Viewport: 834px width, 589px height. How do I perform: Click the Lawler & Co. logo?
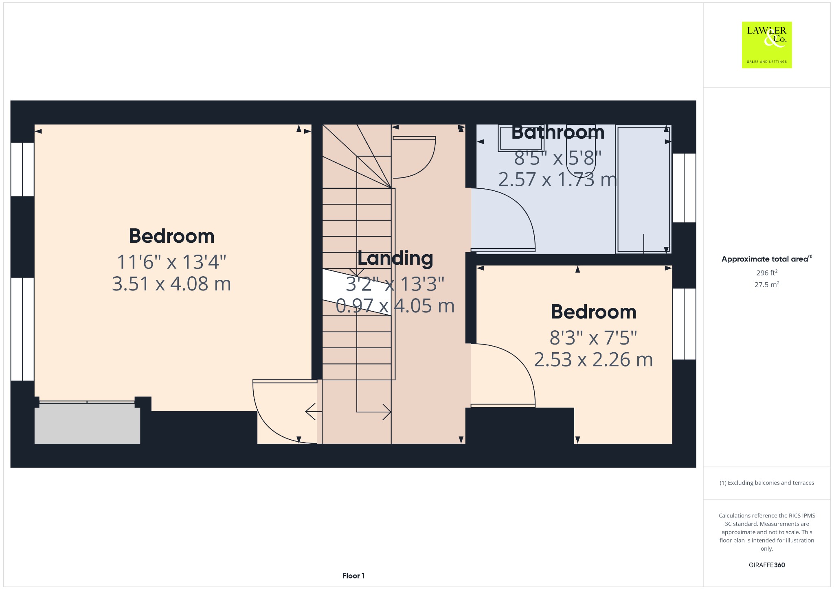(766, 45)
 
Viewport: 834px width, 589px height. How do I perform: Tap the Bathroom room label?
(558, 132)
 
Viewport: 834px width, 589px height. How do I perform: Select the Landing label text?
(395, 258)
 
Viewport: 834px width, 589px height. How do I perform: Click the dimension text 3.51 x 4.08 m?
(171, 284)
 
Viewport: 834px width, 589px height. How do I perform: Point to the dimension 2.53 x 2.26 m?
(593, 360)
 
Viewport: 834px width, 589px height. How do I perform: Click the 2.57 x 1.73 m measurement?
(557, 179)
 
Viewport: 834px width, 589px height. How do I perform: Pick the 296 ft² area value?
(767, 273)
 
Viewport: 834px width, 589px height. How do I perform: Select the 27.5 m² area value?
(767, 284)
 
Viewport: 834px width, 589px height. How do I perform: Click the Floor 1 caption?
(353, 576)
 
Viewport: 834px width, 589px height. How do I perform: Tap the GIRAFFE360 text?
(767, 565)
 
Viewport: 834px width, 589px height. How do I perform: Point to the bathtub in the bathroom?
(643, 190)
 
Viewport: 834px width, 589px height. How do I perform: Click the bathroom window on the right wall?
(684, 188)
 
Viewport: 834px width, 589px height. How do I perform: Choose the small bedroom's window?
(684, 324)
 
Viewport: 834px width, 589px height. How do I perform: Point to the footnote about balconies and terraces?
(767, 483)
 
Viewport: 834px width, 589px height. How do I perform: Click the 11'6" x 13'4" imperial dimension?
(171, 262)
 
